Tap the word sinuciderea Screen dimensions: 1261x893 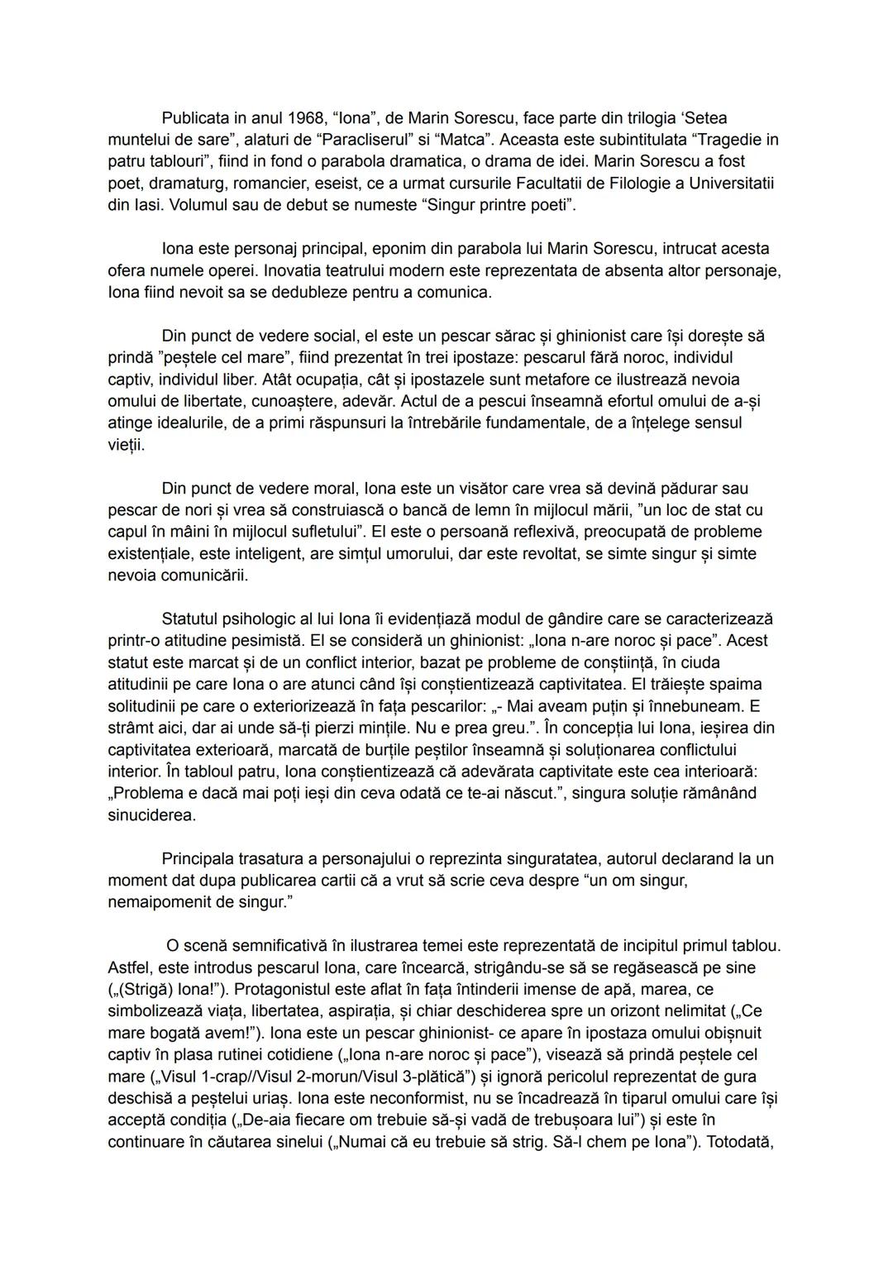(x=152, y=814)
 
